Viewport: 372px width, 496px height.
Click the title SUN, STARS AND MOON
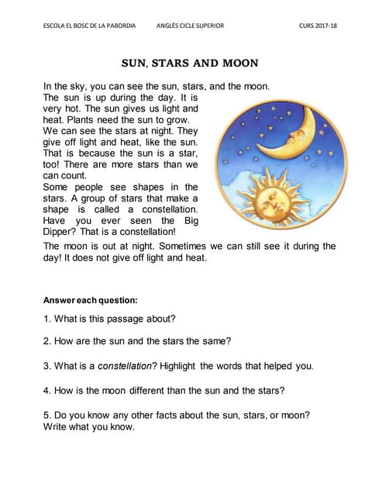click(190, 62)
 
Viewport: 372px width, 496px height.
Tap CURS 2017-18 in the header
click(318, 26)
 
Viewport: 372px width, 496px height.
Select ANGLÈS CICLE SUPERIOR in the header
click(190, 26)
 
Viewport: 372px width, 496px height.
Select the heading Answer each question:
click(91, 300)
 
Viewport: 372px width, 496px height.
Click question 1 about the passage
click(109, 319)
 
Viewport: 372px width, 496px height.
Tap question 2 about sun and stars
click(138, 342)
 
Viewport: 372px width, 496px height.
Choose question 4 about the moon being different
click(164, 390)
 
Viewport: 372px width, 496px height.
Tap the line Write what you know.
click(89, 427)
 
